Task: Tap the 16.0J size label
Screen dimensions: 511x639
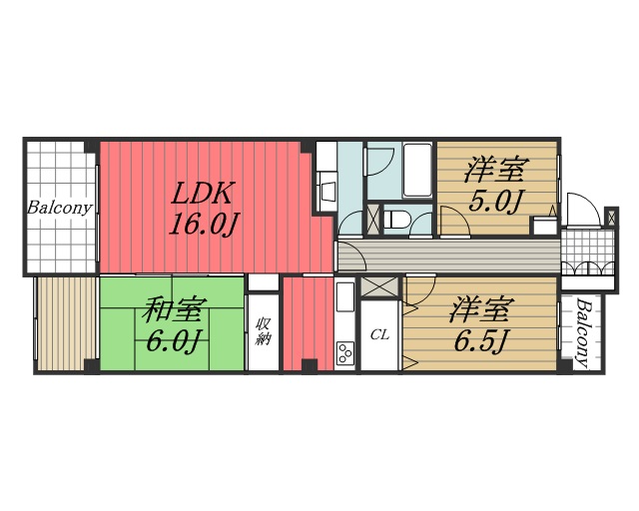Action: (x=203, y=224)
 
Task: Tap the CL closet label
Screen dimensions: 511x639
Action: (x=379, y=334)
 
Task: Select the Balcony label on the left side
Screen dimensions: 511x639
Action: (x=60, y=209)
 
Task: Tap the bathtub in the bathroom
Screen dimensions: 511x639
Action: (x=417, y=170)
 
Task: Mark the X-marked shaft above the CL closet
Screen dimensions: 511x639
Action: (x=378, y=285)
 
